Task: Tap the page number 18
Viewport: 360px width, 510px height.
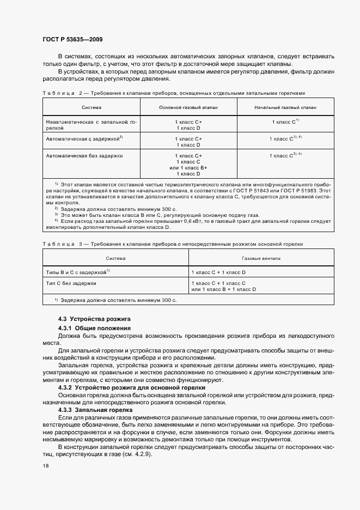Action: click(45, 466)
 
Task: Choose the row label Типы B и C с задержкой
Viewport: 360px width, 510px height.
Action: click(77, 271)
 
